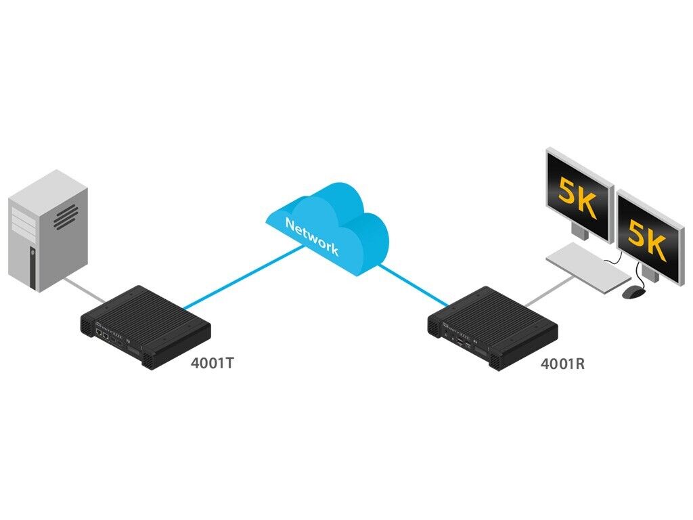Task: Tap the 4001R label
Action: click(562, 364)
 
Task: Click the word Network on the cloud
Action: click(311, 236)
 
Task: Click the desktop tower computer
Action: click(47, 230)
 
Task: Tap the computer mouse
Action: click(633, 292)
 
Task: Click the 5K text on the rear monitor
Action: click(577, 196)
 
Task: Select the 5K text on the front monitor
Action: click(646, 237)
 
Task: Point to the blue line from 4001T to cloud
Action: click(244, 278)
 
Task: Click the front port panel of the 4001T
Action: click(112, 336)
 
